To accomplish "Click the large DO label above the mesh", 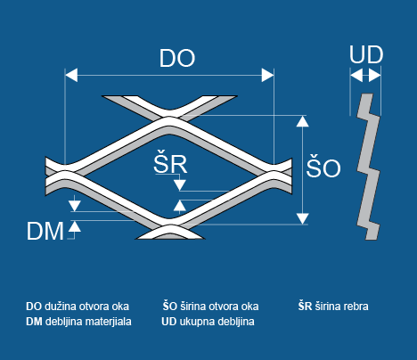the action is (x=177, y=58).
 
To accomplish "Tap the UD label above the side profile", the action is (x=366, y=54).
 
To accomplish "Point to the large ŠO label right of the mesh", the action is (x=323, y=167).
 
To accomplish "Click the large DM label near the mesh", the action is (x=45, y=231).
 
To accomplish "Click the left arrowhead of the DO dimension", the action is (x=71, y=75).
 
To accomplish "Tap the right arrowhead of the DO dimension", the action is (x=267, y=75).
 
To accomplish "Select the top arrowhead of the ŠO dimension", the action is (x=302, y=121).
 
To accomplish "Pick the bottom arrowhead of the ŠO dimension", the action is (x=302, y=218).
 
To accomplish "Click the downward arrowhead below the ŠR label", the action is (x=180, y=185).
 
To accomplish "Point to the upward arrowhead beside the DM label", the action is (x=75, y=226).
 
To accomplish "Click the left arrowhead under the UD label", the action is (x=356, y=75).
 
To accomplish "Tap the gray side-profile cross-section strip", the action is (x=368, y=167).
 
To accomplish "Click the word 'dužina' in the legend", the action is (x=61, y=307).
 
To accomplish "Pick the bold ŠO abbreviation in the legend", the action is (x=170, y=306).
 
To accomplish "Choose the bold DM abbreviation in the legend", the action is (x=34, y=322).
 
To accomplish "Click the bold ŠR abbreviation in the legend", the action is (x=305, y=306).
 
